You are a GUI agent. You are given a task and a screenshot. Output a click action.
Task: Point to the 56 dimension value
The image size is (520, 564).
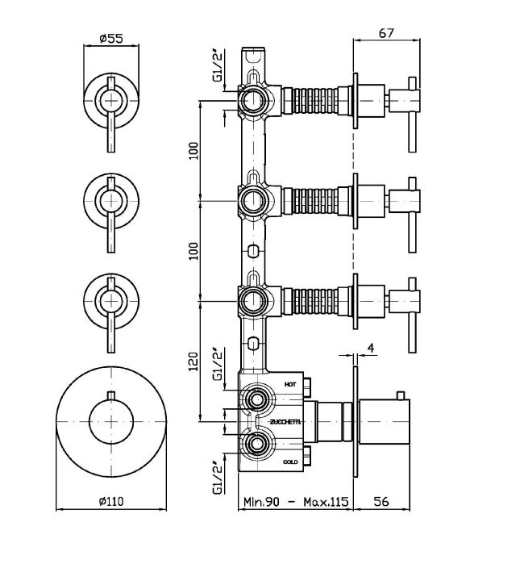point(383,501)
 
